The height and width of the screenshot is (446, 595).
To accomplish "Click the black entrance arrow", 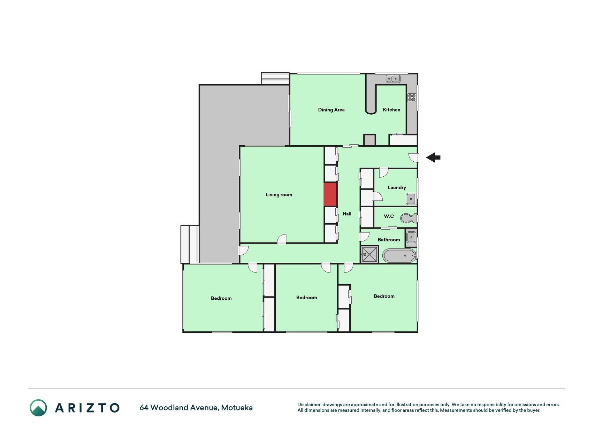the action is (x=433, y=157).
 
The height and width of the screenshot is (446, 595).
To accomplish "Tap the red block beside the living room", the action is (x=330, y=194).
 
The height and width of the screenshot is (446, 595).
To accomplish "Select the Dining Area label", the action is (x=331, y=110).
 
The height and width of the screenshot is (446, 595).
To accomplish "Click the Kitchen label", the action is (x=391, y=110).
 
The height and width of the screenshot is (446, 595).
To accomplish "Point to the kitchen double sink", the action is (x=393, y=79).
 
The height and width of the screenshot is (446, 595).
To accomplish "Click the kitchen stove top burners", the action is (x=412, y=98).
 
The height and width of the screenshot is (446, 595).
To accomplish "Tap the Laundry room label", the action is (x=397, y=187).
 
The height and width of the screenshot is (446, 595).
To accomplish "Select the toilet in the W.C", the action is (x=409, y=218).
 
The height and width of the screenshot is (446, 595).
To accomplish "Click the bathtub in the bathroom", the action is (x=399, y=256).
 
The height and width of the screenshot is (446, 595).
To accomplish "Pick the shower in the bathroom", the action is (x=369, y=254).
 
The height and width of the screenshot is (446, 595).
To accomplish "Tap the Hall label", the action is (x=347, y=214).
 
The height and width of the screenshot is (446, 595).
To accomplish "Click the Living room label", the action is (x=279, y=195).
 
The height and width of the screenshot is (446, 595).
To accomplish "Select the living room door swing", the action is (x=282, y=239).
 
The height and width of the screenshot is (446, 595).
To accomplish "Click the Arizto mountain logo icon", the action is (x=38, y=408).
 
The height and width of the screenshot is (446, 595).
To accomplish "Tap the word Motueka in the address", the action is (x=237, y=408).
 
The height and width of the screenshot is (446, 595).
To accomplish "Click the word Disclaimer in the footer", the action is (x=309, y=405).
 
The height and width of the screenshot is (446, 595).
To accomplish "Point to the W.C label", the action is (x=389, y=216).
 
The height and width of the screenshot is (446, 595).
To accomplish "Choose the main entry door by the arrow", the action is (x=413, y=158).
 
